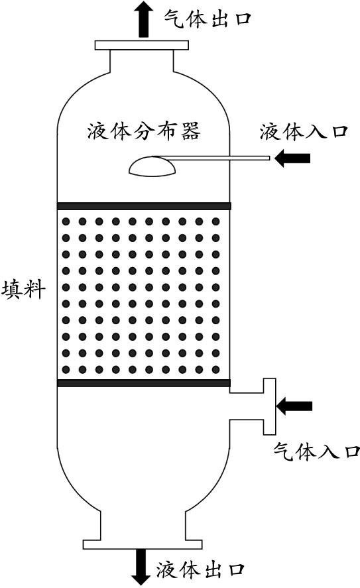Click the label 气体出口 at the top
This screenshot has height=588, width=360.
[x=208, y=18]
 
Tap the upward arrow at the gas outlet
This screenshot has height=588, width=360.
[x=143, y=19]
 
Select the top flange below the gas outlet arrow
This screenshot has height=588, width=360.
[x=141, y=45]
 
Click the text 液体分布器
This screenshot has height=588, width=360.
[x=144, y=131]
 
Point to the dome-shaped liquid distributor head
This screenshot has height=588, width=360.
[x=152, y=166]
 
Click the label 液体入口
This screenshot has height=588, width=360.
[x=304, y=132]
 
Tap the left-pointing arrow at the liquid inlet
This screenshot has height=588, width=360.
[x=292, y=158]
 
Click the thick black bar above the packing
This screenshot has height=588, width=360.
[x=144, y=206]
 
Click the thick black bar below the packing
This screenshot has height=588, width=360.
[x=144, y=383]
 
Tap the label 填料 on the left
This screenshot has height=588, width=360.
[x=24, y=290]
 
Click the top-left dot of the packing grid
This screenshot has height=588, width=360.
[x=66, y=221]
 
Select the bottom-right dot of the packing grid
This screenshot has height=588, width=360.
[x=215, y=370]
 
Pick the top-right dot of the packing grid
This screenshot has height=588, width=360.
[x=215, y=221]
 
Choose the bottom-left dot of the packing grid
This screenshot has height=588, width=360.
[x=66, y=370]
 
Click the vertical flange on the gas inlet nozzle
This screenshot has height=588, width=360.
[x=269, y=406]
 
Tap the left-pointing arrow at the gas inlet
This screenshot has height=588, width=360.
[x=294, y=406]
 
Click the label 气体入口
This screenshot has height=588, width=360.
[x=317, y=452]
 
